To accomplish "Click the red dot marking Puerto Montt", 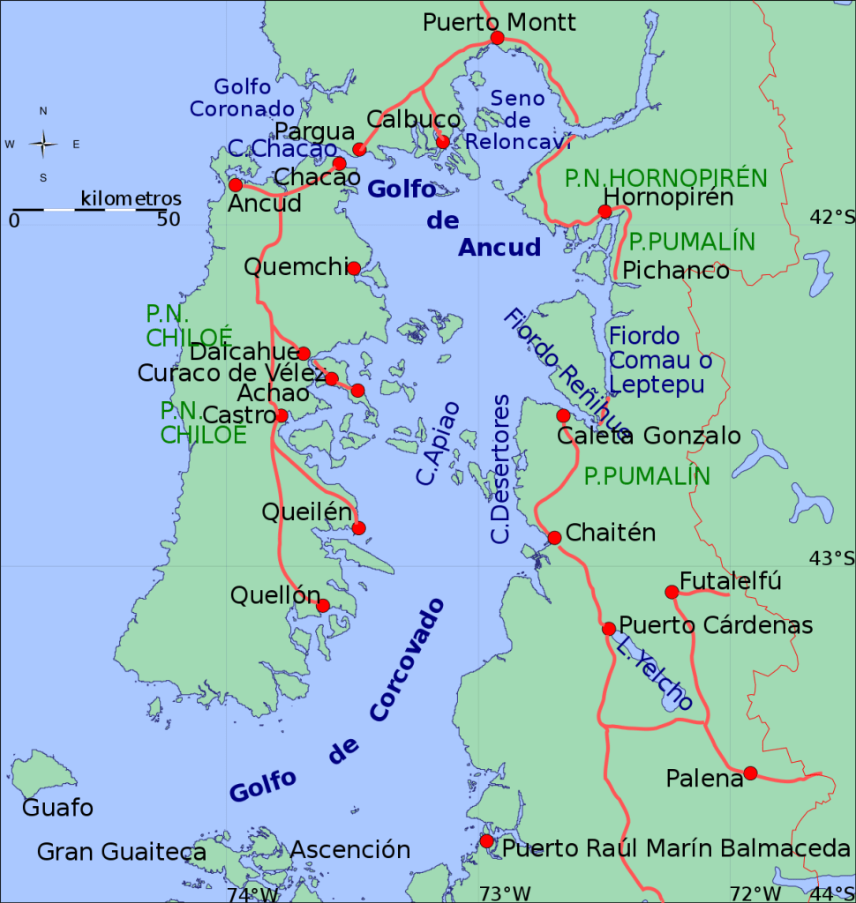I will coord(497,38).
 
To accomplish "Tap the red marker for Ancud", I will coord(236,184).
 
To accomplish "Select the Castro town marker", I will coord(282,415).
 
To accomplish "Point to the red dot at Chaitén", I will coord(554,538).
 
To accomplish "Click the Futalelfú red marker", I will coord(672,591).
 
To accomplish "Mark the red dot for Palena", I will coord(750,773).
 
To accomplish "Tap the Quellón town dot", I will coord(323,605).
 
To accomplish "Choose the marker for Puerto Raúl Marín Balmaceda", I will coord(486,841).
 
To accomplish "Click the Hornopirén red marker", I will coord(604,211).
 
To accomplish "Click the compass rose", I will coord(43,144).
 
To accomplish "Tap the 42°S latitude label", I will coord(832,217).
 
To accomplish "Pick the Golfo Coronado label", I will coord(242,98).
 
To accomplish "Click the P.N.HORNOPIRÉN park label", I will coord(666,178).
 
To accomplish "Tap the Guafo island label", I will coord(57,808).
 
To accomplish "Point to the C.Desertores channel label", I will coord(500,469).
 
